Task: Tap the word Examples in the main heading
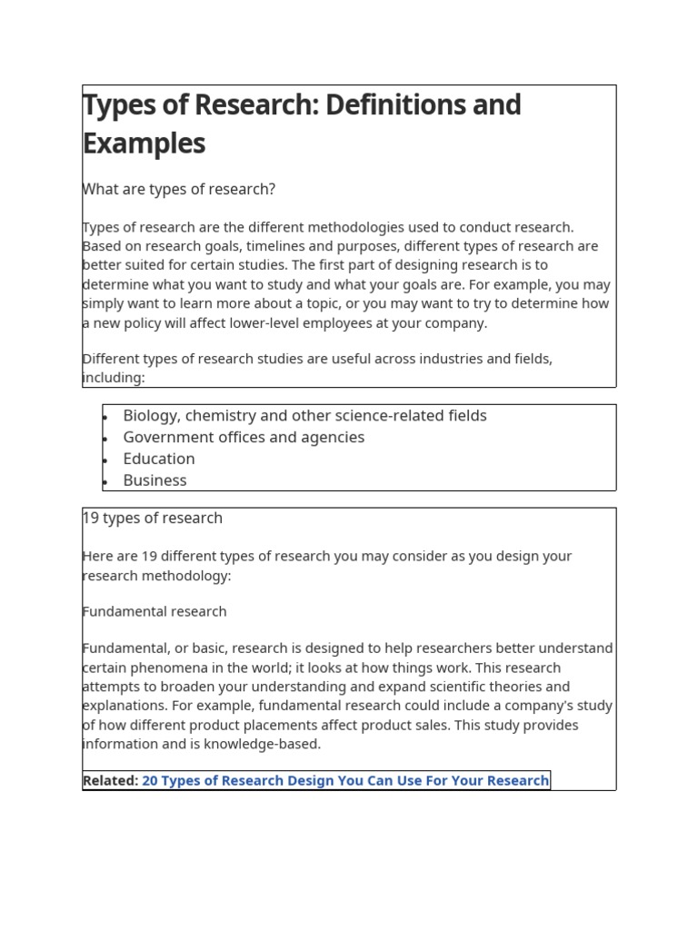(x=144, y=143)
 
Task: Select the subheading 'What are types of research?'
(x=179, y=189)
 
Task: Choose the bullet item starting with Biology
(x=304, y=416)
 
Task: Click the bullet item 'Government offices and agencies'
(x=244, y=437)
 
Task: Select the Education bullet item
(x=159, y=459)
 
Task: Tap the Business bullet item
(x=155, y=480)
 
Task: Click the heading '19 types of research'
(x=153, y=518)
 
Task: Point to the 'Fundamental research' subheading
(x=155, y=611)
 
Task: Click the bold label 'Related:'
(x=110, y=780)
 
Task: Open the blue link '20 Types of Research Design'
(x=345, y=780)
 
